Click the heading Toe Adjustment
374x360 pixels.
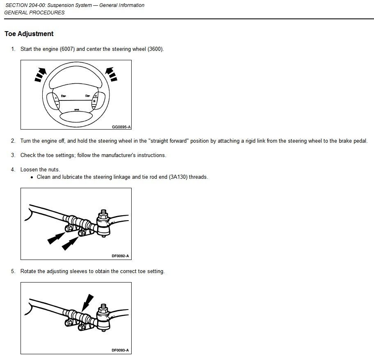29,34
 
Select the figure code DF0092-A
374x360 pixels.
120,256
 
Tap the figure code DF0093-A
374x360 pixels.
120,351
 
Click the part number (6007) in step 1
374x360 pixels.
67,49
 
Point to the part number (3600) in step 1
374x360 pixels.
155,49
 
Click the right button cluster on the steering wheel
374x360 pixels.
98,100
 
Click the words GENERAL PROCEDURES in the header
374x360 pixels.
34,13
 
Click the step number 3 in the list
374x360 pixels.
13,155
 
